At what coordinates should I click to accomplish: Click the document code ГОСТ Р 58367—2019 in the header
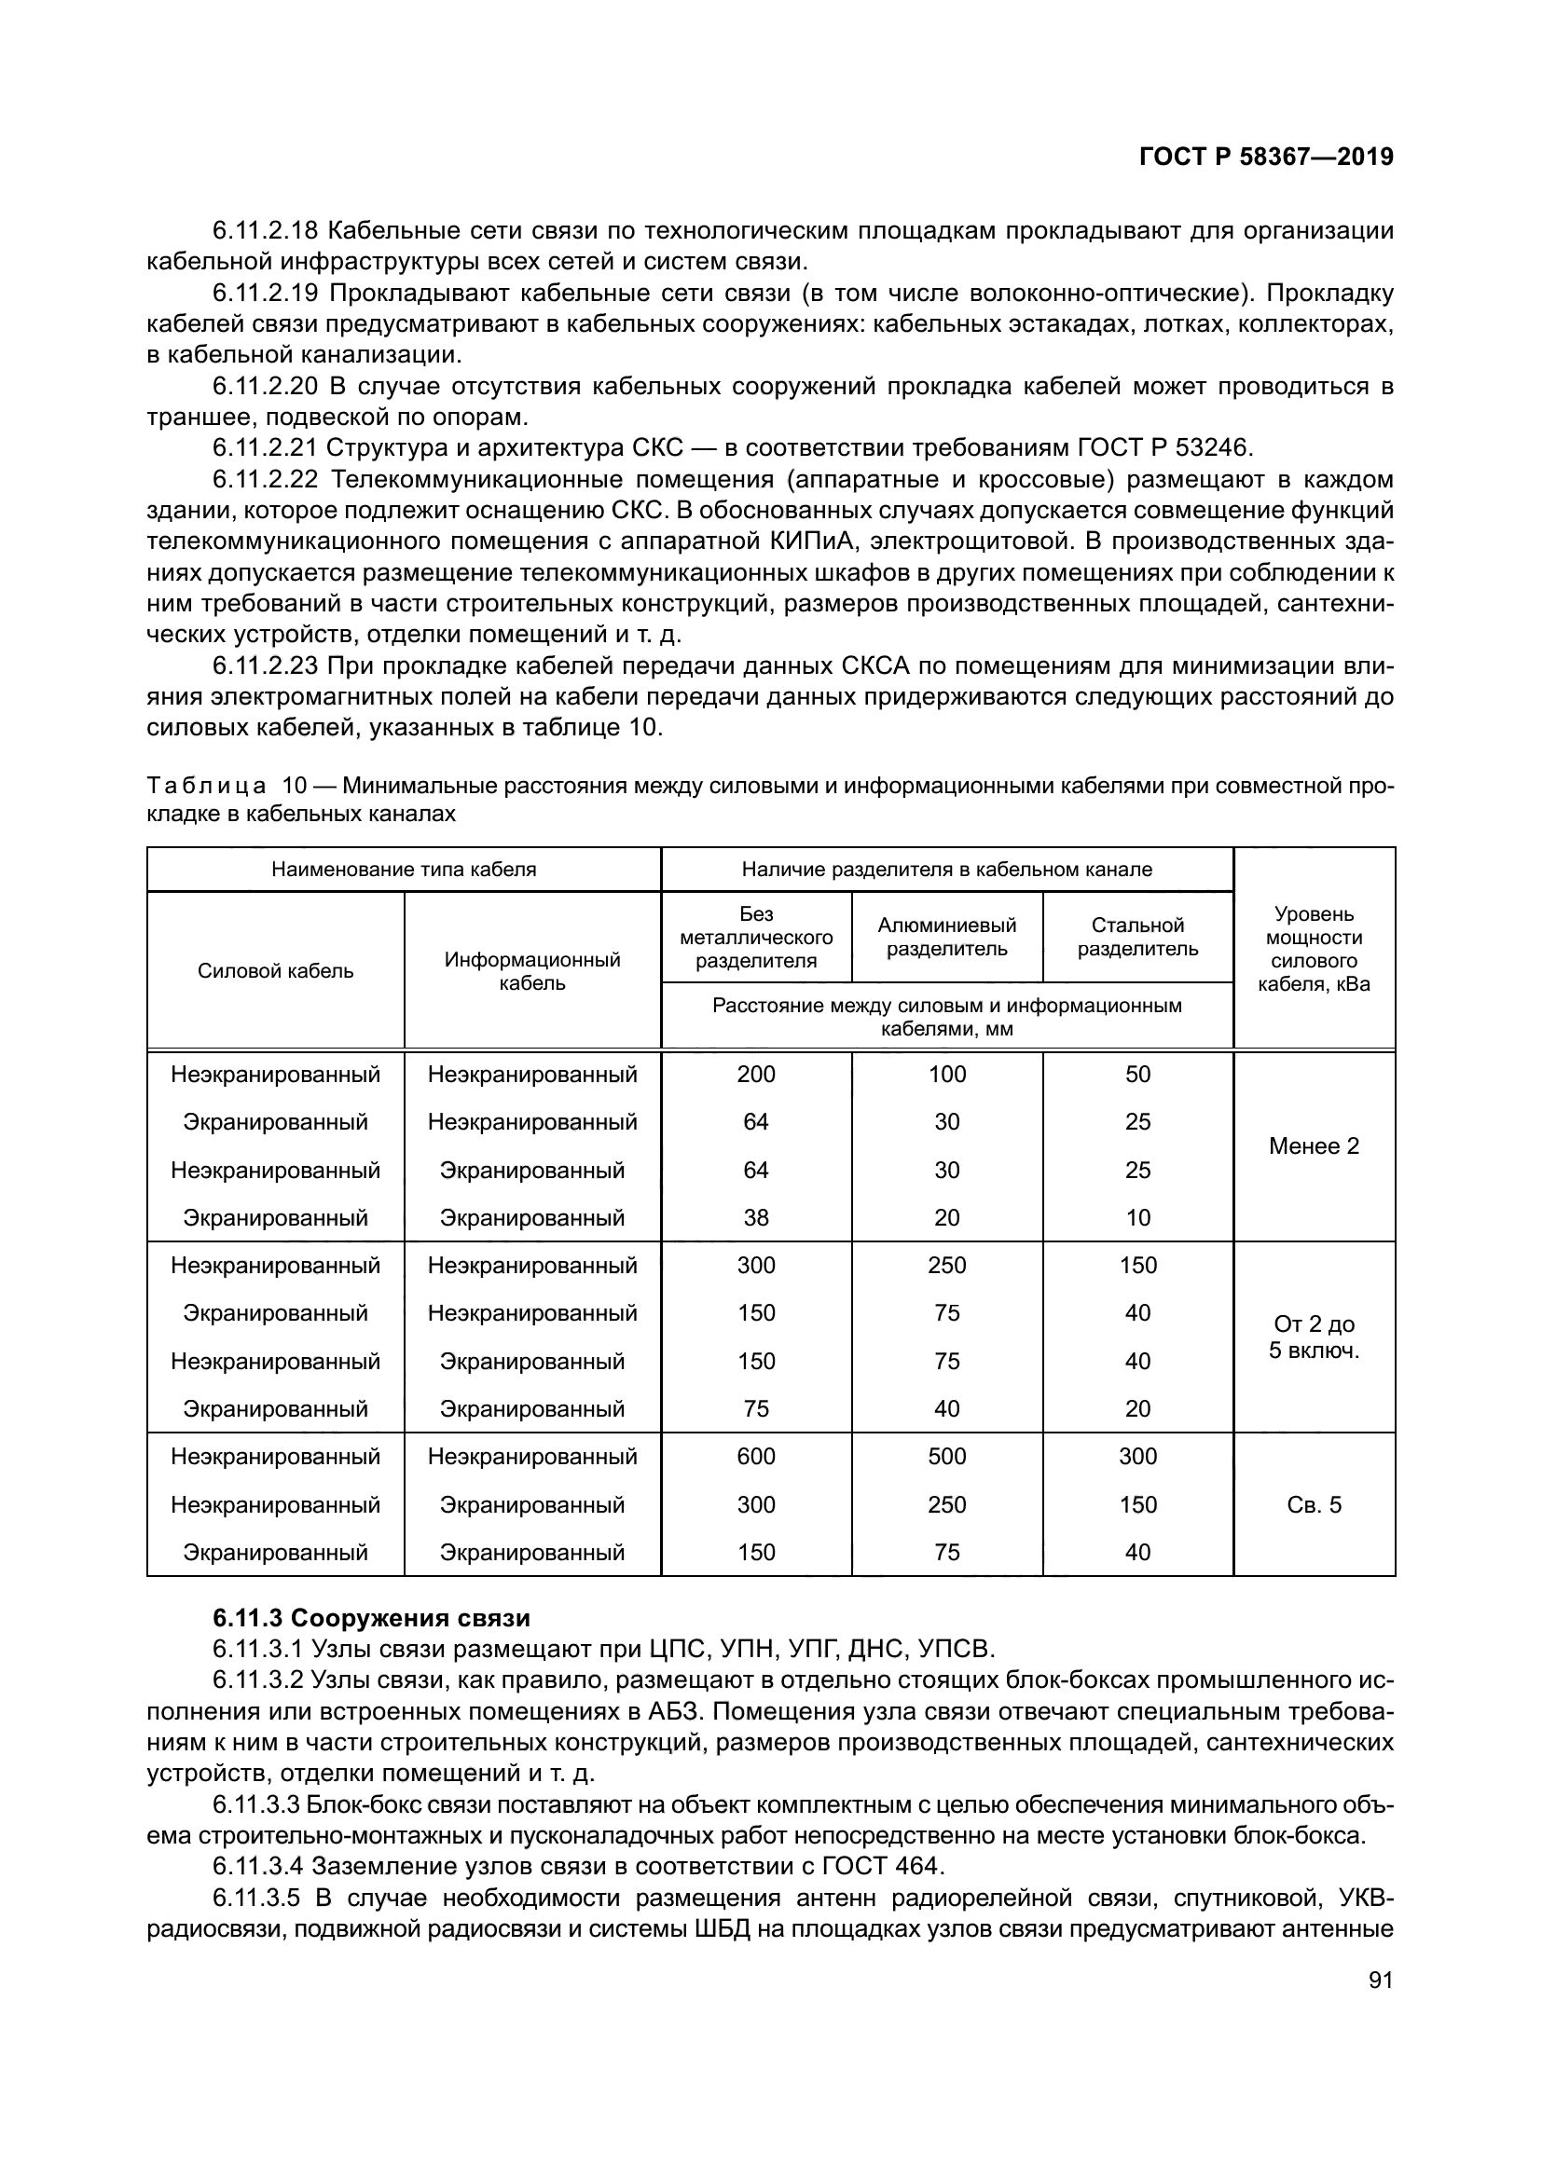[x=1266, y=157]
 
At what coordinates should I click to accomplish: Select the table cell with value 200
[x=756, y=1074]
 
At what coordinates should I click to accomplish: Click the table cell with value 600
[x=756, y=1457]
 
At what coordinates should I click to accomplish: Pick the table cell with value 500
[x=946, y=1457]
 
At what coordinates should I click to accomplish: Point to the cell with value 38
[x=756, y=1217]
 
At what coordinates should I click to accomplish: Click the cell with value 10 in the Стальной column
[x=1137, y=1217]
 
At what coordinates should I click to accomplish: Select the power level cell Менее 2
[x=1314, y=1146]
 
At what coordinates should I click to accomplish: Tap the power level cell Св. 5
[x=1314, y=1505]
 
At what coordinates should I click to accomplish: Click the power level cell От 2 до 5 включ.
[x=1314, y=1337]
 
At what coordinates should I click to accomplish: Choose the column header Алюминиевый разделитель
[x=946, y=937]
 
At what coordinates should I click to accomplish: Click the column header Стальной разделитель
[x=1137, y=937]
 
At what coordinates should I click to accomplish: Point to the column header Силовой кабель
[x=275, y=970]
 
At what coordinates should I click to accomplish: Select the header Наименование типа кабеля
[x=404, y=869]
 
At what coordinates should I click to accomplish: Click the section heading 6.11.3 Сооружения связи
[x=371, y=1618]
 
